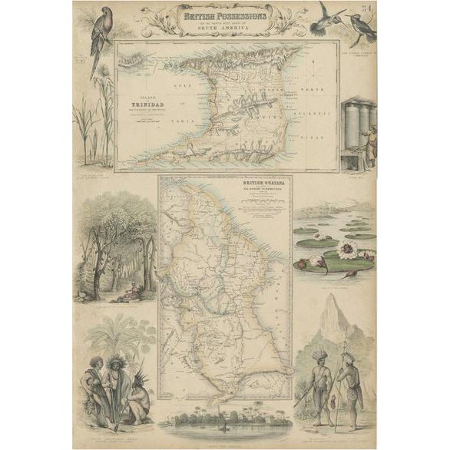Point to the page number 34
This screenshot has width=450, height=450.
[370, 8]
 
